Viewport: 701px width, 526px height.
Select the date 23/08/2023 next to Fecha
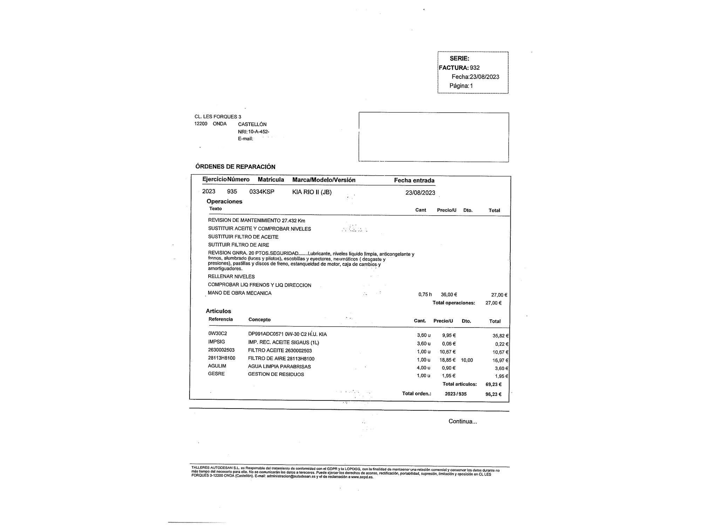484,77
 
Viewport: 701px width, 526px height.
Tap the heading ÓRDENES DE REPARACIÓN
235,167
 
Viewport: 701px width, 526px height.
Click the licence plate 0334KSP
261,192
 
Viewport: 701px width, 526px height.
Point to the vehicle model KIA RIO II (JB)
312,192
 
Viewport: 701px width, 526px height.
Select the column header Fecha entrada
414,181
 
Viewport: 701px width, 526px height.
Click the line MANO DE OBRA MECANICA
239,293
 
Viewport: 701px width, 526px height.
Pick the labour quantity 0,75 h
425,295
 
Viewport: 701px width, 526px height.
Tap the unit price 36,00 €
449,295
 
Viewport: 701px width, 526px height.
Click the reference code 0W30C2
217,333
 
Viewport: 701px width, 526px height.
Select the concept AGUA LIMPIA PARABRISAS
279,366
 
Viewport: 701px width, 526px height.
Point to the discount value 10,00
467,360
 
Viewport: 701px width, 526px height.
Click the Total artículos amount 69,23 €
494,384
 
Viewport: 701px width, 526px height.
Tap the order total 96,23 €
494,394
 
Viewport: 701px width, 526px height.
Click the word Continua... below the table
462,422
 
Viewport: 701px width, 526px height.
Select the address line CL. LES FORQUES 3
218,117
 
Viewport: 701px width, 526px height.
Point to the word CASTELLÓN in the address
252,124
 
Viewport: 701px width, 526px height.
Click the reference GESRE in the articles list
216,374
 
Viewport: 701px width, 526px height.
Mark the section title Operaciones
224,201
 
